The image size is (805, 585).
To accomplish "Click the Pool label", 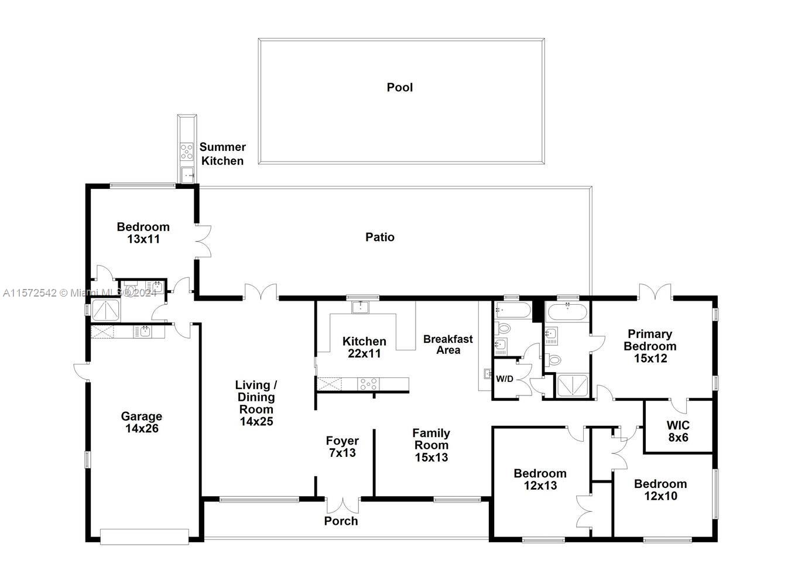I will pos(399,87).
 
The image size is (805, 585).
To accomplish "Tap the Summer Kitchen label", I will pos(222,154).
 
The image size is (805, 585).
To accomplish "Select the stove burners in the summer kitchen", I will pos(187,152).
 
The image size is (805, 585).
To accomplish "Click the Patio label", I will pos(380,237).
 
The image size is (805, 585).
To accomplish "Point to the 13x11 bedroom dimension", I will pos(143,239).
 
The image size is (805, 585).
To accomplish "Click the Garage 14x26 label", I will pos(141,422).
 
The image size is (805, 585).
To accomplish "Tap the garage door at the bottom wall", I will pos(144,536).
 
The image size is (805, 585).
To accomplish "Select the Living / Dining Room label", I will pos(256,402).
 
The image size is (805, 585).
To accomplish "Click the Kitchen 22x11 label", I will pos(364,347).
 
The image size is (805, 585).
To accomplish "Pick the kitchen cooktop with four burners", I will pos(368,384).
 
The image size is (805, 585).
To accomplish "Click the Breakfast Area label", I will pos(448,345).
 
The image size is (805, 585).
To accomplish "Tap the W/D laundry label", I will pos(504,379).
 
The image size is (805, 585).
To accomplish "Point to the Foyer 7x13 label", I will pos(342,446).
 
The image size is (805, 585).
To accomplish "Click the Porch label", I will pos(341,521).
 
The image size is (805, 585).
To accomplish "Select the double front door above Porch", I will pos(342,504).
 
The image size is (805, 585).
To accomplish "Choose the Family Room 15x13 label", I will pos(431,445).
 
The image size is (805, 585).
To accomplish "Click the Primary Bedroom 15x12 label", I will pos(649,346).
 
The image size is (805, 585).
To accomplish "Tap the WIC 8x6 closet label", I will pos(678,431).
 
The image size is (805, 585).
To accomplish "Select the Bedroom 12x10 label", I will pos(660,490).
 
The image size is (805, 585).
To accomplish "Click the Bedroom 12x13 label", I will pos(540,479).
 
